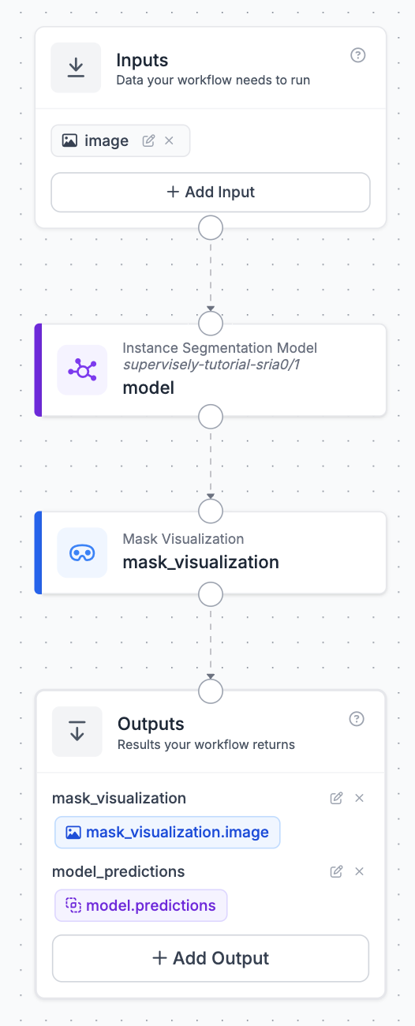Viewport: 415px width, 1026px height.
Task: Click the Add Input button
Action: coord(210,192)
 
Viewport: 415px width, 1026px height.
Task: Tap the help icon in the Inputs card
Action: coord(357,55)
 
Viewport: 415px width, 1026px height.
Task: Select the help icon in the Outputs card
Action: coord(357,719)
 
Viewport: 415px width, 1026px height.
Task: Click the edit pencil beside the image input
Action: coord(148,140)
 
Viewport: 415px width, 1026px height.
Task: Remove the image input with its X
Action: coord(169,140)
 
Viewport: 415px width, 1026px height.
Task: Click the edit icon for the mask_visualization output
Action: coord(336,798)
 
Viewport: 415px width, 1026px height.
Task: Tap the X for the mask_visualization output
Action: coord(359,798)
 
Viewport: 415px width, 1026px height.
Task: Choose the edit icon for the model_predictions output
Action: coord(336,871)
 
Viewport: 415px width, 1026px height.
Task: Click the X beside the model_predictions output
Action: coord(359,871)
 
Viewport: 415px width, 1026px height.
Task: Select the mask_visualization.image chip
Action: coord(167,833)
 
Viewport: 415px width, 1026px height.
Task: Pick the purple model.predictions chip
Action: coord(140,905)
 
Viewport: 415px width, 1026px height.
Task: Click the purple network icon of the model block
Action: coord(83,370)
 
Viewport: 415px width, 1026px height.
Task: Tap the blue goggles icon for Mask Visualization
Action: coord(83,552)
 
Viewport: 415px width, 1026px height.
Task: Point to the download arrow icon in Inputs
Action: coord(76,68)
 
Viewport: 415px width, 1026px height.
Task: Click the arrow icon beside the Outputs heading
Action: coord(77,731)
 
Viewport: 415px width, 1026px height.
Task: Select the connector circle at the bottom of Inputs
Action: coord(211,227)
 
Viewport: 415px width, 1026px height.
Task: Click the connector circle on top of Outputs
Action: coord(211,691)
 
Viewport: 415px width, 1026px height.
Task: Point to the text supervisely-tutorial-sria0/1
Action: coord(211,365)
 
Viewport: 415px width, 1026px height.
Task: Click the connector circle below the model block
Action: coord(211,417)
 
